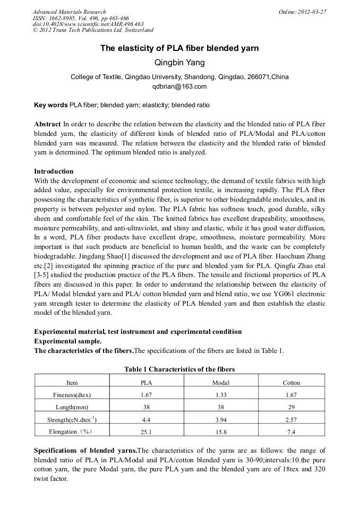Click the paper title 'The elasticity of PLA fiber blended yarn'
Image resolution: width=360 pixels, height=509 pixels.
click(x=179, y=48)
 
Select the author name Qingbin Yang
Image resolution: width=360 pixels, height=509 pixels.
click(x=179, y=63)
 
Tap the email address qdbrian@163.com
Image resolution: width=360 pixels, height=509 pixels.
click(x=179, y=87)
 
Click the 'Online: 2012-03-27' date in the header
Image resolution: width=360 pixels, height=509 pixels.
click(x=302, y=12)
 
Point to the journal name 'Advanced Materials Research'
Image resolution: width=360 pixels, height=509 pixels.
click(x=70, y=12)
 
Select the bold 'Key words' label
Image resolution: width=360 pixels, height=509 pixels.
click(x=50, y=105)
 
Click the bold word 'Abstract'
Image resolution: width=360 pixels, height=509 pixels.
click(x=47, y=124)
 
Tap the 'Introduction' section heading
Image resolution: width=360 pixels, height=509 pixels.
click(x=54, y=171)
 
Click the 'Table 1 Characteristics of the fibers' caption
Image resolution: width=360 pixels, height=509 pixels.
click(x=179, y=369)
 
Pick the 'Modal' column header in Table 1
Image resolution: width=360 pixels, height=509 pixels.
click(x=220, y=383)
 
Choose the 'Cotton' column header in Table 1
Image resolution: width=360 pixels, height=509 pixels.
click(x=291, y=383)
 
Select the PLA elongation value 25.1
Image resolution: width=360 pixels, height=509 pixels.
click(x=146, y=432)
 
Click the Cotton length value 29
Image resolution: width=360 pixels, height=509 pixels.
click(x=291, y=407)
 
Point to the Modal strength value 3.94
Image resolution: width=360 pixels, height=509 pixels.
click(x=220, y=419)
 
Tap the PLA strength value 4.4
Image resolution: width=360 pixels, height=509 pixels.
click(x=146, y=419)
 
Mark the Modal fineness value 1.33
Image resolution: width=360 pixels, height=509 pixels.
click(x=220, y=395)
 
